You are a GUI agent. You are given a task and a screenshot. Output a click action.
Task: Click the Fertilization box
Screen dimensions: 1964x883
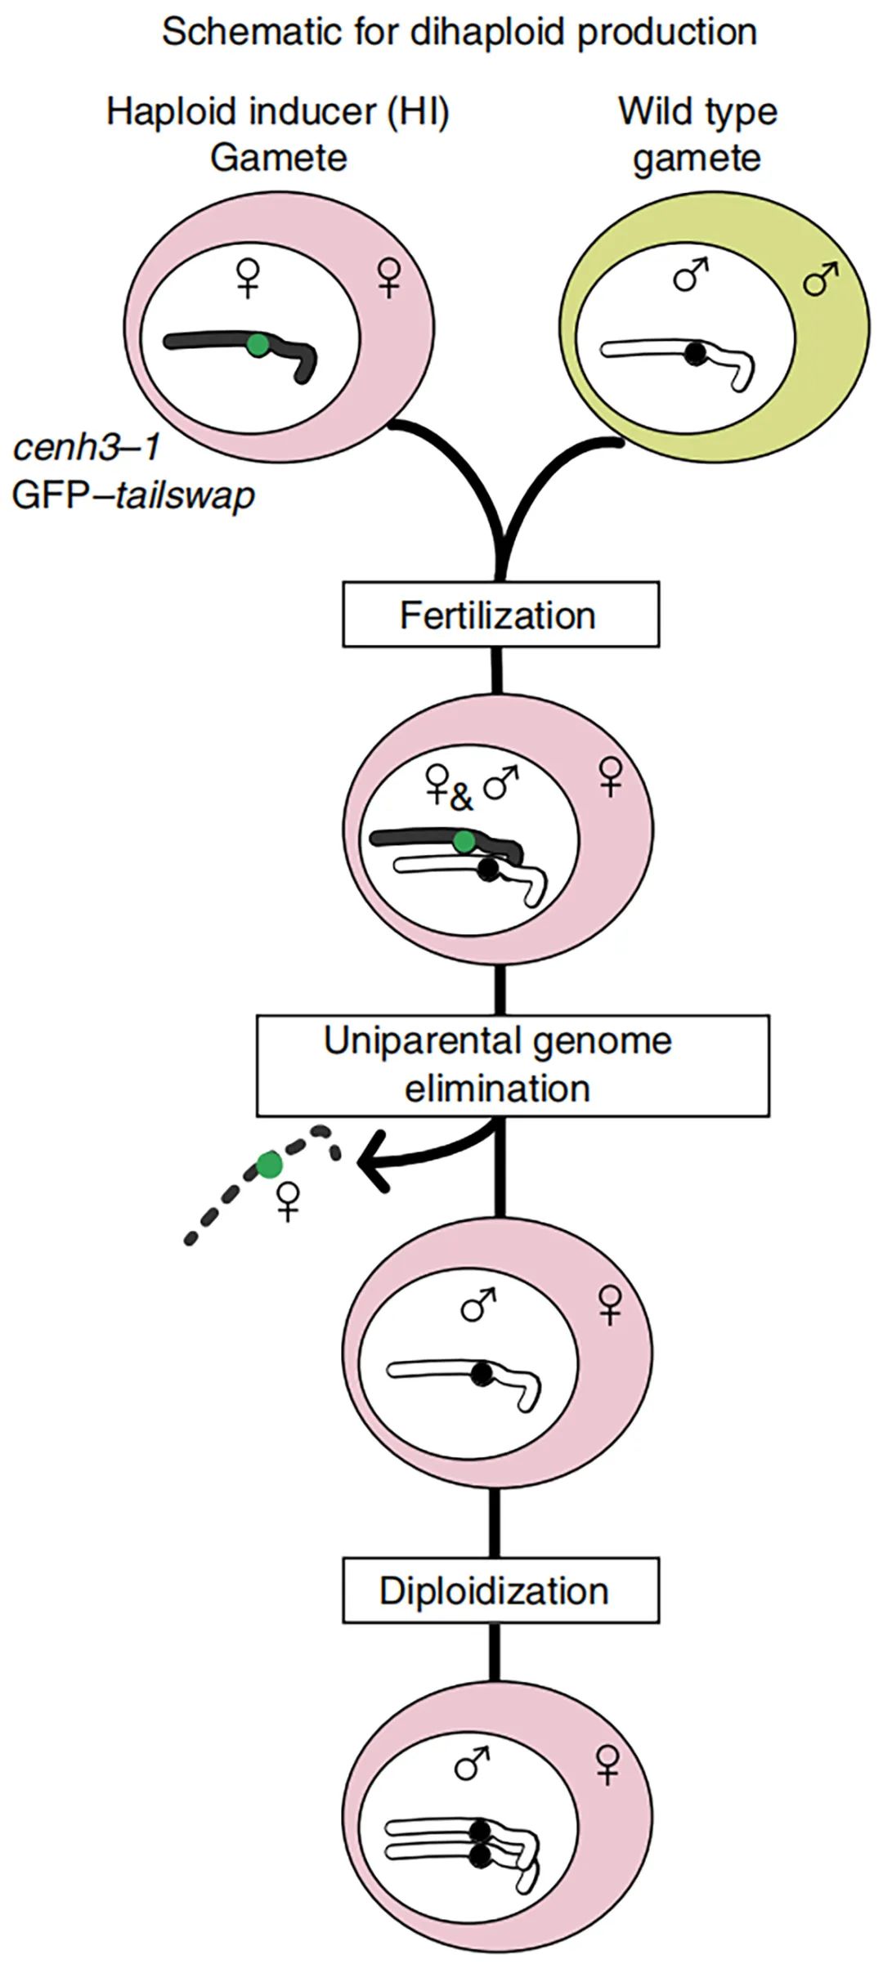click(x=500, y=615)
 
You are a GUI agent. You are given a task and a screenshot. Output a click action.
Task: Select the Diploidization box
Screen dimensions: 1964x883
click(x=500, y=1590)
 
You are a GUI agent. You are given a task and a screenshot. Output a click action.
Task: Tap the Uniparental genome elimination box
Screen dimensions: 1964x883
click(x=513, y=1065)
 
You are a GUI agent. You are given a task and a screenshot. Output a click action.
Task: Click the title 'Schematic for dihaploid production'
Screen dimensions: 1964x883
click(x=459, y=33)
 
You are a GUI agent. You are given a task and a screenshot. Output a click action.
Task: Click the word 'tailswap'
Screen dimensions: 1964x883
click(x=185, y=495)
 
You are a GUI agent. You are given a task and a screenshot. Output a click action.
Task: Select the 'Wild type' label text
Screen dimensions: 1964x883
click(x=697, y=111)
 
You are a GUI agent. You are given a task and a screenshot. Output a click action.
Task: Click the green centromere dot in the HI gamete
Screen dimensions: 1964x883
click(x=258, y=345)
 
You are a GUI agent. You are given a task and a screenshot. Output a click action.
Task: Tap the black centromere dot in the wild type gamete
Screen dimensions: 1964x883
click(x=695, y=353)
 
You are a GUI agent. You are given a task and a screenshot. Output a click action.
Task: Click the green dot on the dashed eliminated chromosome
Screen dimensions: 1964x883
click(x=268, y=1164)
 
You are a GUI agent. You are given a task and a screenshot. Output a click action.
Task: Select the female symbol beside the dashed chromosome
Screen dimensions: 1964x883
click(x=288, y=1201)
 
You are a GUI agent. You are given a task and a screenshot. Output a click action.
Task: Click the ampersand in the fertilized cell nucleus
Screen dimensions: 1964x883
click(x=462, y=798)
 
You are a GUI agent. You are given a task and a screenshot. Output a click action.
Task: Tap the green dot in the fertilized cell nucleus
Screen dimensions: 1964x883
click(x=464, y=842)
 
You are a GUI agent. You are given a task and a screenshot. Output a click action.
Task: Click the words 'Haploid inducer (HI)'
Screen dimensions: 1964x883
click(x=278, y=111)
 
